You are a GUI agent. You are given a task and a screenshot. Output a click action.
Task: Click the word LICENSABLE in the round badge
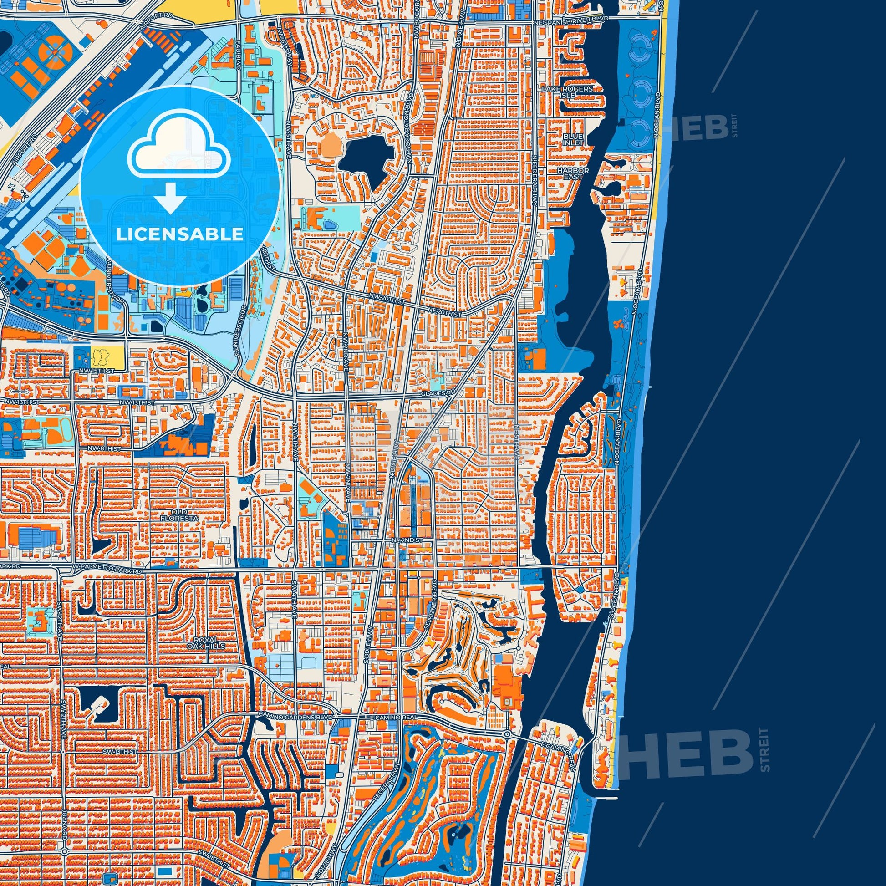point(179,234)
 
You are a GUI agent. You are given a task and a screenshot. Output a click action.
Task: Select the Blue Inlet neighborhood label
point(573,139)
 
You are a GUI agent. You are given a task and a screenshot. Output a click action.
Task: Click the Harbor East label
point(570,173)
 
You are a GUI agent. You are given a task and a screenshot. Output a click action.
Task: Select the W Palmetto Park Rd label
point(107,570)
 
